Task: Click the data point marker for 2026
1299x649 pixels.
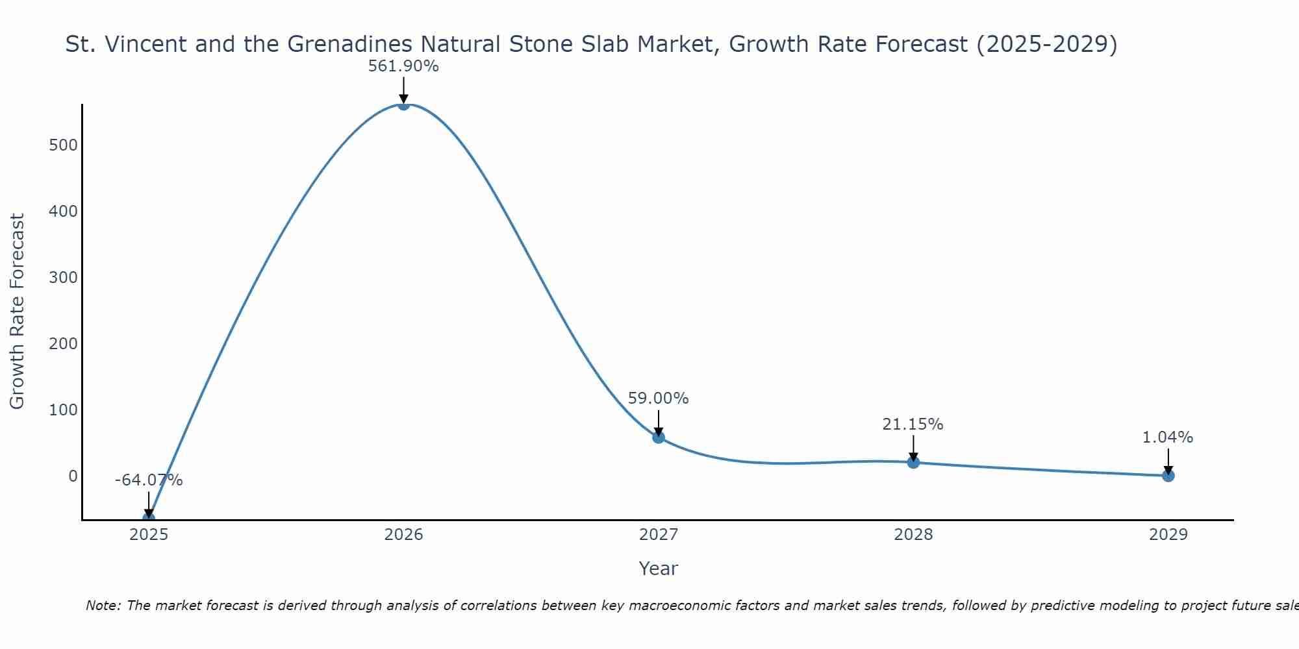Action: (403, 104)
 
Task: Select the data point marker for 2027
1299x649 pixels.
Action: (658, 437)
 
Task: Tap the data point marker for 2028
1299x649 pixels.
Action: (913, 462)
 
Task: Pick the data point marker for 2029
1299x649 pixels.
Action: (1168, 476)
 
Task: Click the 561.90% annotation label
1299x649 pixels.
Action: (403, 66)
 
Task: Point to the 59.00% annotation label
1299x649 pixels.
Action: (658, 398)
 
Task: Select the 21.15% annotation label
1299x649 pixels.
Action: (913, 424)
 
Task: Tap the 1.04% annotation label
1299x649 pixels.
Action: (1167, 437)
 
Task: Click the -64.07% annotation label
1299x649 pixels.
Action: (149, 480)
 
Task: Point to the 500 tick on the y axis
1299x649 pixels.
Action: (63, 145)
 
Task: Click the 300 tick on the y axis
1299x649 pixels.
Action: (63, 278)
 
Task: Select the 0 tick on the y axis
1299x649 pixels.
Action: (73, 476)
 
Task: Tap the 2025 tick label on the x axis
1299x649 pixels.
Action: (149, 535)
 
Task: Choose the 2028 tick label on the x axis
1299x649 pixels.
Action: (913, 535)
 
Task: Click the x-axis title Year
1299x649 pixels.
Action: (658, 569)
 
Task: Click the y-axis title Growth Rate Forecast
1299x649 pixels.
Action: (18, 312)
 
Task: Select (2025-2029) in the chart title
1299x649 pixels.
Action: (1046, 44)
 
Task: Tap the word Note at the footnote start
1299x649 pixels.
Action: (103, 606)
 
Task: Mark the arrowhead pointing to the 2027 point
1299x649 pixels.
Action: (658, 432)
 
